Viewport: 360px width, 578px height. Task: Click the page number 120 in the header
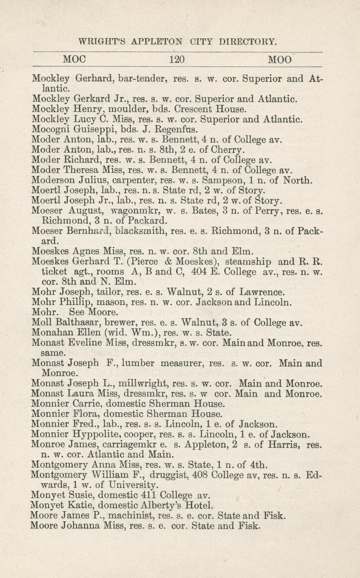tap(177, 60)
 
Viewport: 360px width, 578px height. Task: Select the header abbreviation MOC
tap(75, 60)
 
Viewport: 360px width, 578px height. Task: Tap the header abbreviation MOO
tap(280, 60)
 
